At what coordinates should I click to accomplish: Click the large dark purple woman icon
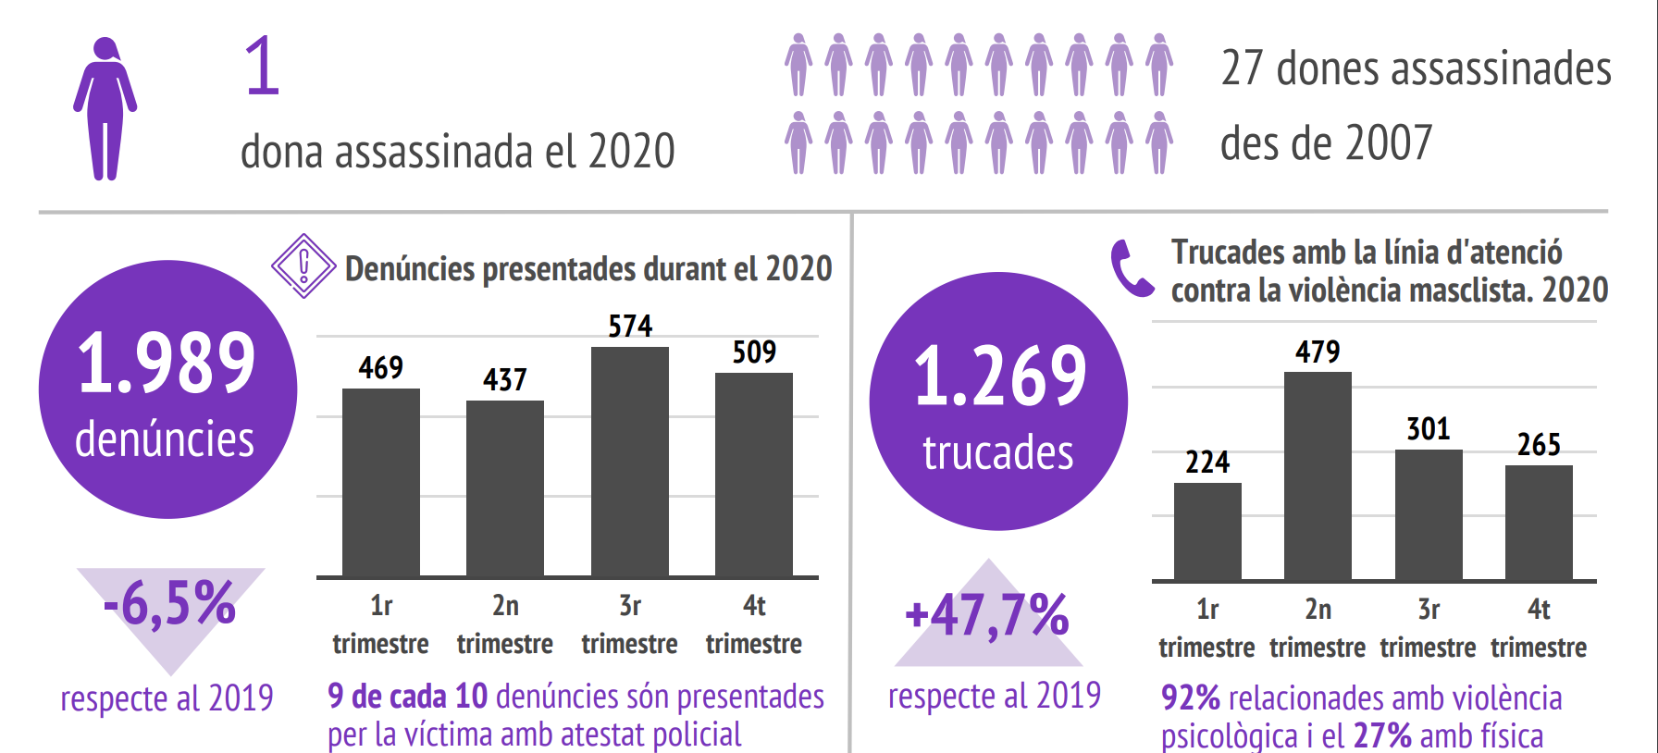coord(105,108)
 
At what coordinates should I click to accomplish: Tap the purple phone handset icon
coord(1131,269)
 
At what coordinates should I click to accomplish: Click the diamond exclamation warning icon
coord(303,266)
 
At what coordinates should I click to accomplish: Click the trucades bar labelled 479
coord(1318,475)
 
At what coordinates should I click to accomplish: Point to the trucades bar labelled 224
coord(1207,531)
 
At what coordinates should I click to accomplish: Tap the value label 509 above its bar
coord(754,352)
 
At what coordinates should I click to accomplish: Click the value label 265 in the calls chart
coord(1539,445)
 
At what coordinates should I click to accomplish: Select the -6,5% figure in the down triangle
coord(170,604)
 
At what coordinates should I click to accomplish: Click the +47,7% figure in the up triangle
coord(987,616)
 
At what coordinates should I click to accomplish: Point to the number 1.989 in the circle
coord(167,363)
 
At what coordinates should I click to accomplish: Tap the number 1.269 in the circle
coord(1000,376)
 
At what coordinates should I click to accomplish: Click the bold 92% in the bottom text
coord(1191,698)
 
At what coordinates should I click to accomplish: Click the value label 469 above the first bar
coord(381,368)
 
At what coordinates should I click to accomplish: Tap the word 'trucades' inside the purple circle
coord(998,453)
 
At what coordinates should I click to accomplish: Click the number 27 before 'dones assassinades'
coord(1242,68)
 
